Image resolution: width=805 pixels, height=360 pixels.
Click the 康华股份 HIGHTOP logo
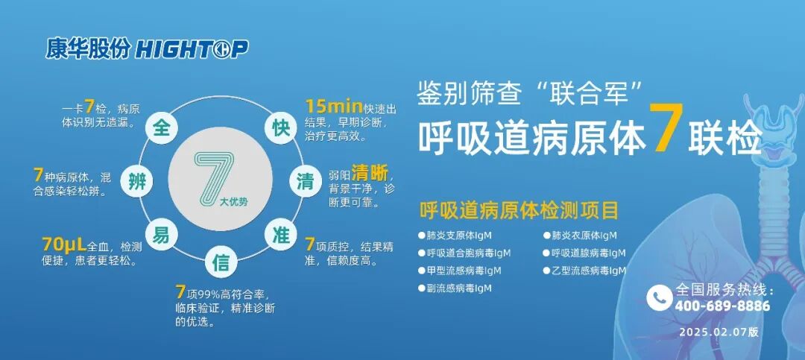pos(146,49)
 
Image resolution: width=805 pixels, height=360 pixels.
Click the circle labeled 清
pos(305,182)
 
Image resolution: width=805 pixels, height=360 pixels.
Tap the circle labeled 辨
pos(136,182)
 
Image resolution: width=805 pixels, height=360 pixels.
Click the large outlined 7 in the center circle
pos(214,177)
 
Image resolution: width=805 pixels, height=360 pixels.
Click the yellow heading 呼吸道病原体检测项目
pos(519,211)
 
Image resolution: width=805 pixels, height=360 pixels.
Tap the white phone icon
pos(659,297)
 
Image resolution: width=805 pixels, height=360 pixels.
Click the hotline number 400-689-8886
pos(722,306)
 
